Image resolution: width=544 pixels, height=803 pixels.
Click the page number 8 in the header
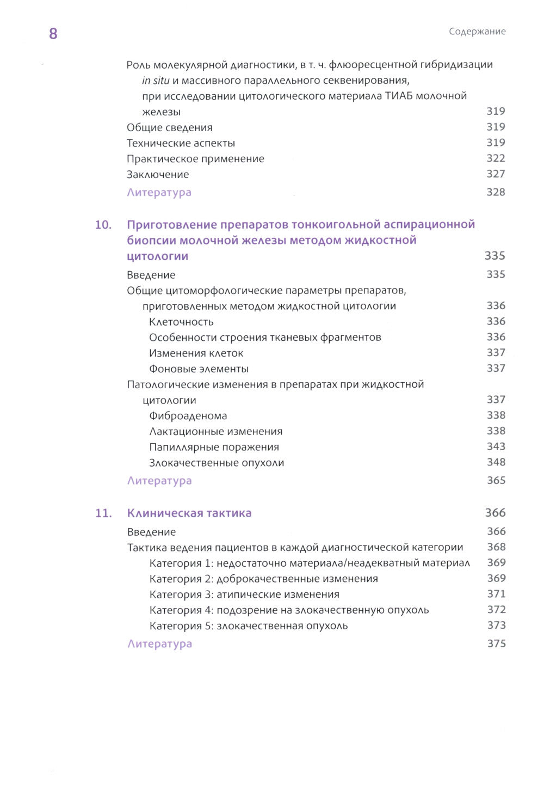(53, 34)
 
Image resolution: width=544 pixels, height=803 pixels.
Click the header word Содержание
(477, 32)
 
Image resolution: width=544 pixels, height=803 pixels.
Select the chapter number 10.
(103, 225)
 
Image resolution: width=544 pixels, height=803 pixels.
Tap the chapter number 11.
(103, 513)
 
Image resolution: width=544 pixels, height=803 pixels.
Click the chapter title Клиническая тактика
(189, 513)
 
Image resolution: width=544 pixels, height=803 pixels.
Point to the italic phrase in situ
(156, 81)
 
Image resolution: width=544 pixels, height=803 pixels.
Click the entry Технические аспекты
(181, 143)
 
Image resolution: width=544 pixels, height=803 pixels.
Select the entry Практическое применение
(195, 159)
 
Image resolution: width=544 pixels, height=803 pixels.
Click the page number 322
(496, 158)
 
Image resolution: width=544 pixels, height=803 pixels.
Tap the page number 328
(496, 192)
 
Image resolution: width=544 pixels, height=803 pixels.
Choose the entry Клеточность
(181, 322)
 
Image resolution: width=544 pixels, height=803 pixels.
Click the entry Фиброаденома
(188, 416)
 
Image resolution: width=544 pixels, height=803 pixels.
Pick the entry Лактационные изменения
(216, 432)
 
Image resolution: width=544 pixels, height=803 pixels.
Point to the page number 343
(496, 446)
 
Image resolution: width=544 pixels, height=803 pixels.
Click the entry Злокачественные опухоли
(217, 463)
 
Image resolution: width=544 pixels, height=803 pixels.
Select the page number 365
(496, 481)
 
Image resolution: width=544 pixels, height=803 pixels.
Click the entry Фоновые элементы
(199, 369)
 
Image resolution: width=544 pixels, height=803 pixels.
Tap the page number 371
(496, 594)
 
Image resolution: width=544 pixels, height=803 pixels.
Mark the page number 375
(496, 643)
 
